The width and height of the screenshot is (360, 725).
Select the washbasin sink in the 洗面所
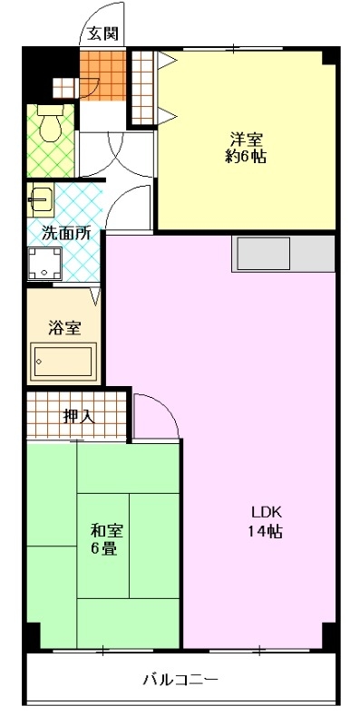click(x=40, y=199)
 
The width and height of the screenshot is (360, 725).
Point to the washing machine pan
click(x=44, y=264)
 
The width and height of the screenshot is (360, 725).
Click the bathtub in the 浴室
click(x=63, y=362)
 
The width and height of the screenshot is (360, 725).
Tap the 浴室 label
click(x=65, y=328)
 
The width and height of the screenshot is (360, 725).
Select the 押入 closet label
click(x=79, y=417)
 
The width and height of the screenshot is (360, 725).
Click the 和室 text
click(x=106, y=530)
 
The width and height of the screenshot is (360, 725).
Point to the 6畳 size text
click(x=103, y=549)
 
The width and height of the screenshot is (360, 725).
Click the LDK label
click(x=266, y=512)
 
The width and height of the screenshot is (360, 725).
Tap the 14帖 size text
click(x=265, y=532)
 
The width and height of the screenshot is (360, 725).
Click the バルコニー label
click(x=180, y=680)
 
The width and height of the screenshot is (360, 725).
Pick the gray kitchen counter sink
click(x=264, y=254)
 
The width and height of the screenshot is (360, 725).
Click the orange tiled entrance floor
click(x=102, y=75)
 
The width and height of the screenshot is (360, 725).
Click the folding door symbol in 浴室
click(x=96, y=296)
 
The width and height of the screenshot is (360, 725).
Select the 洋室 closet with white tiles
click(x=142, y=87)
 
